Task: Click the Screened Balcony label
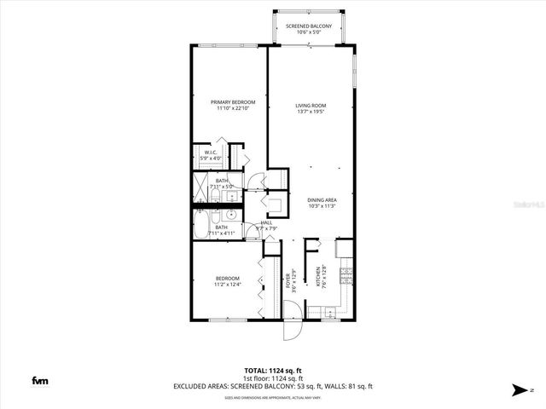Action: [310, 26]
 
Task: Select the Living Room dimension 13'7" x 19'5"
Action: [311, 111]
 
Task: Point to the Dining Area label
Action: [322, 199]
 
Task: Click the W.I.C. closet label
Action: [212, 153]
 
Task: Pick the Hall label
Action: [266, 222]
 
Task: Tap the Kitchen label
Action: [317, 274]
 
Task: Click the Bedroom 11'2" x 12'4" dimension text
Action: [228, 283]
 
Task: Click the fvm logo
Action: [39, 381]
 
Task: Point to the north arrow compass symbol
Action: [520, 390]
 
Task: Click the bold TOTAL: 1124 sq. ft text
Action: [272, 371]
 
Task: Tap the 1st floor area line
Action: [272, 378]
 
